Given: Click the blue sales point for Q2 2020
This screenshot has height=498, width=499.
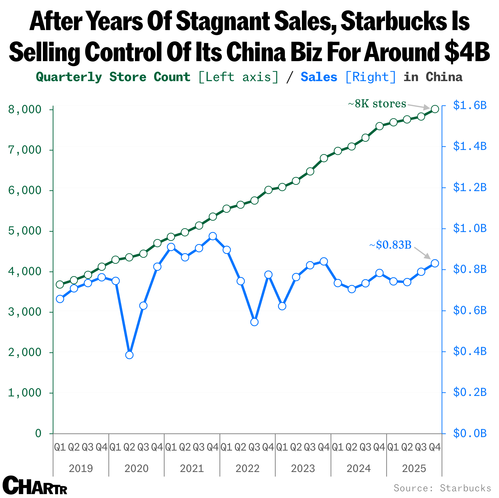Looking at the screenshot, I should (129, 355).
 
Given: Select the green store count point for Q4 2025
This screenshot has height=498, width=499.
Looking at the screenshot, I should (435, 109).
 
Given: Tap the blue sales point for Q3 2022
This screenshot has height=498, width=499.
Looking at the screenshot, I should (254, 322).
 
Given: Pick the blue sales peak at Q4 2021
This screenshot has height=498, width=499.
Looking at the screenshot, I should (213, 236).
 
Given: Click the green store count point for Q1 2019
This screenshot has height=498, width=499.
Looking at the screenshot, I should (60, 285).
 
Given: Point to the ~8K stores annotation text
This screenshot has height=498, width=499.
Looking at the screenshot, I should (377, 104).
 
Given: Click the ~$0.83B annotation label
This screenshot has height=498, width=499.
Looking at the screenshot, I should (390, 245).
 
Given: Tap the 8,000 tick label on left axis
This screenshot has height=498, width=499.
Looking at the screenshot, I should (25, 110).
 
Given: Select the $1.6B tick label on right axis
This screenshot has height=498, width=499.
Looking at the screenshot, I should (470, 105).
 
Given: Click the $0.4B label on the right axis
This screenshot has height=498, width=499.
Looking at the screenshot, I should (470, 351).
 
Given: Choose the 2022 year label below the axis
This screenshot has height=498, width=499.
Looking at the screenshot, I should (247, 468).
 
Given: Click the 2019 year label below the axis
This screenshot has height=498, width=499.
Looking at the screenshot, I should (81, 468).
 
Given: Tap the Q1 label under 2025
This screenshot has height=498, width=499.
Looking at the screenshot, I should (393, 447).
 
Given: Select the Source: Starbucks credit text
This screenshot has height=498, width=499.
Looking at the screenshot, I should (442, 488).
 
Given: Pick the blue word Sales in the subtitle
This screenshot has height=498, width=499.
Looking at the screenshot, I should (319, 77).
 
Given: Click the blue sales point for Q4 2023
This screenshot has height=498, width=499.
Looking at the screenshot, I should (324, 262).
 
